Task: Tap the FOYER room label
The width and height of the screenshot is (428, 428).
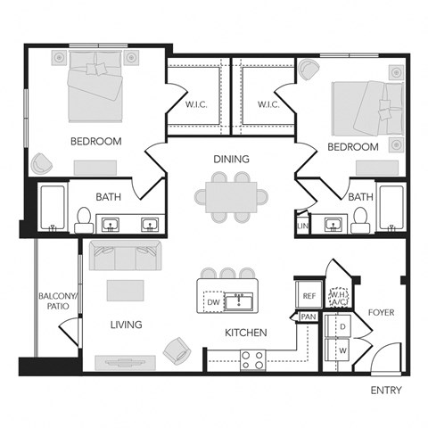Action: (381, 313)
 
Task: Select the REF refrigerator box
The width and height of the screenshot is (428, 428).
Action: (309, 296)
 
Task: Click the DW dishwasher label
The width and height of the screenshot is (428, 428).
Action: (212, 302)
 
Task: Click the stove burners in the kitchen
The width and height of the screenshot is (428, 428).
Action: (252, 359)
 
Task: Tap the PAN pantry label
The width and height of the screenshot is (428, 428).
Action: (309, 317)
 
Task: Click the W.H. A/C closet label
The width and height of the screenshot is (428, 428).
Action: (339, 297)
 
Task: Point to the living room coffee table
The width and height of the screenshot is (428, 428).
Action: (125, 291)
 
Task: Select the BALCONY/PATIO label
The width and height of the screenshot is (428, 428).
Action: (54, 303)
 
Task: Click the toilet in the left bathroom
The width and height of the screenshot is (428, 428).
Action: (82, 218)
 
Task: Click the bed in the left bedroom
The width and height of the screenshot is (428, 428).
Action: (95, 87)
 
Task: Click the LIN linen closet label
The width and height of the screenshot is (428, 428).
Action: (302, 227)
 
